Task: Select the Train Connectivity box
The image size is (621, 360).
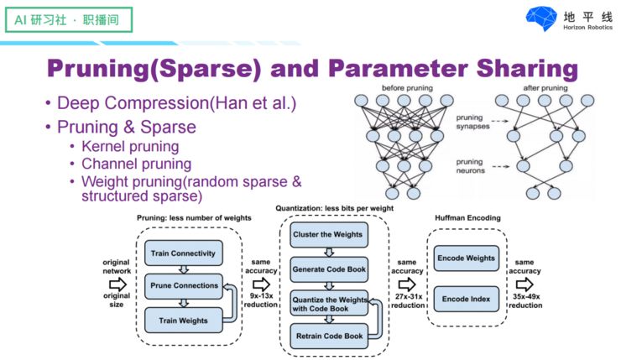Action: click(x=183, y=253)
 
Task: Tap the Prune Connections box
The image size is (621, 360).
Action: click(x=183, y=285)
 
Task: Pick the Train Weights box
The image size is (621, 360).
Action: click(x=183, y=319)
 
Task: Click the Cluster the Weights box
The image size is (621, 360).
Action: click(x=328, y=236)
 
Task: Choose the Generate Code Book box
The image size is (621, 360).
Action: click(x=328, y=269)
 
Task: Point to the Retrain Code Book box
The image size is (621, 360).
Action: click(x=328, y=336)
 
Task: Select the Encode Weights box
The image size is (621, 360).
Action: click(x=466, y=258)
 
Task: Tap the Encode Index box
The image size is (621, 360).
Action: click(x=466, y=298)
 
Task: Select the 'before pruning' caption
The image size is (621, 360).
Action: click(x=407, y=88)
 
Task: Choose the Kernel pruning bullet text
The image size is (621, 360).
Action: click(x=130, y=147)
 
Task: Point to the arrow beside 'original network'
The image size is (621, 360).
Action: click(x=117, y=285)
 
